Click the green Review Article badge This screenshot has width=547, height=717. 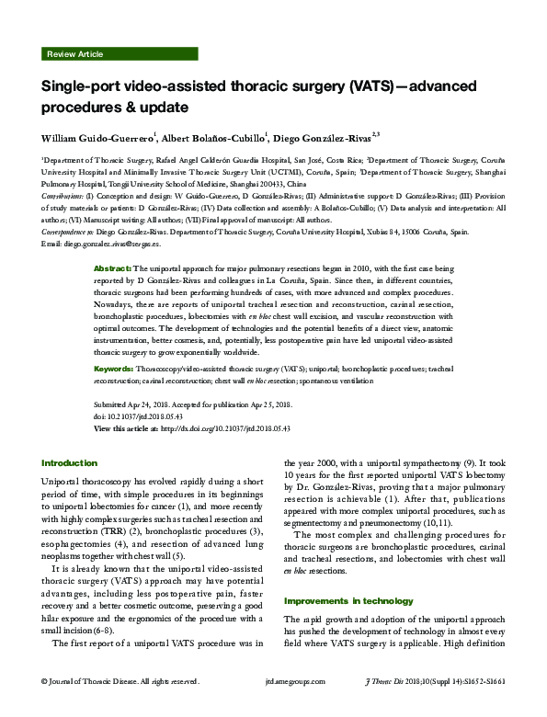74,54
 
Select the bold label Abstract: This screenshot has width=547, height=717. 112,267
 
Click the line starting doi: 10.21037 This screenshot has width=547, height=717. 138,415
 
